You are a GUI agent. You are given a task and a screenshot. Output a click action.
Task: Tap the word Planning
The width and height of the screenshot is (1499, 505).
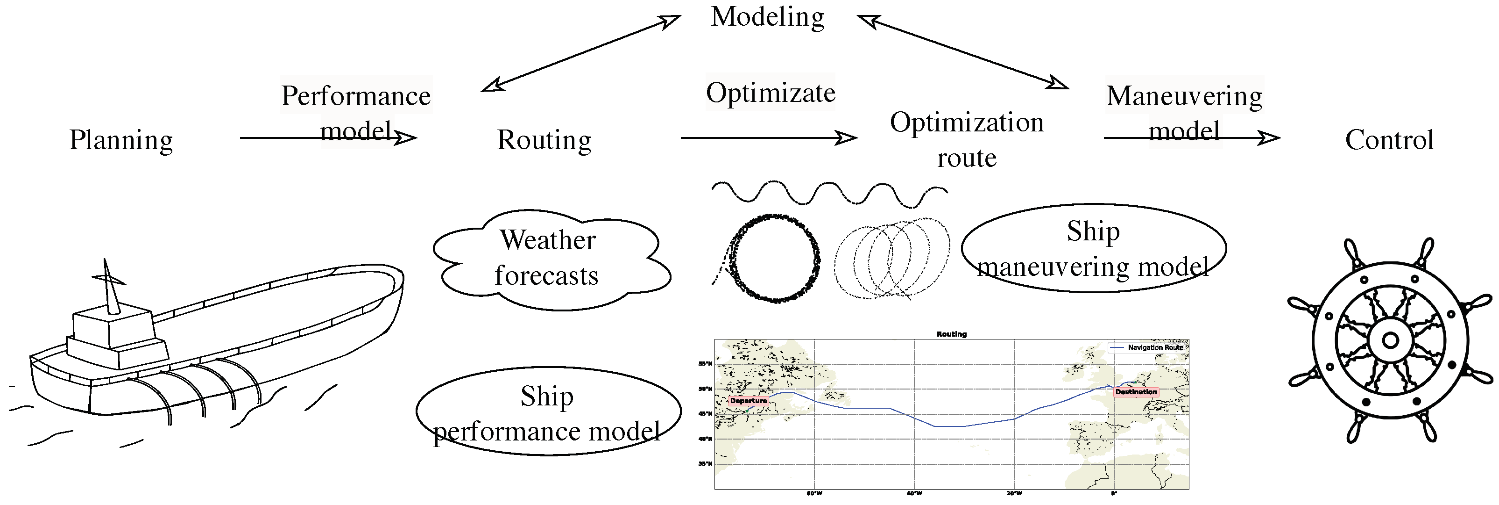tap(121, 140)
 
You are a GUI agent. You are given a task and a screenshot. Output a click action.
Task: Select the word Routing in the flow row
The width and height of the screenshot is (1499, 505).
tap(544, 140)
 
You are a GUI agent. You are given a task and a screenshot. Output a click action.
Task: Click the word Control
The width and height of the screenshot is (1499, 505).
tap(1389, 140)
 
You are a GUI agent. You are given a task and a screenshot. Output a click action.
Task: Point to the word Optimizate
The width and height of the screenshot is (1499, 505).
tap(771, 93)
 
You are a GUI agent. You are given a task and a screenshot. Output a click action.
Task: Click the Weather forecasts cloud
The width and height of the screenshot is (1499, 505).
tap(548, 258)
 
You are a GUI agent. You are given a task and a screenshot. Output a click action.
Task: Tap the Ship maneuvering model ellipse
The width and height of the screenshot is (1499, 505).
tap(1093, 248)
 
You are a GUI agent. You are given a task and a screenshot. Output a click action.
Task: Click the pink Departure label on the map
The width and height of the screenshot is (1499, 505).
tap(749, 401)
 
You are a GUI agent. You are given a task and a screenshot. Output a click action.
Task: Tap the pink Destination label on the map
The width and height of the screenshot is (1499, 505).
tap(1136, 392)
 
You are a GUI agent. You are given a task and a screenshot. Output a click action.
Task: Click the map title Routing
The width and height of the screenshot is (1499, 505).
tap(951, 334)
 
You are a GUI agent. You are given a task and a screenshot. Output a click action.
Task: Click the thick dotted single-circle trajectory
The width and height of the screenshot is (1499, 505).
tap(774, 258)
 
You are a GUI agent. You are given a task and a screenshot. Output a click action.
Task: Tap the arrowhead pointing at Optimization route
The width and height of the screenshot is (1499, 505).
tap(847, 138)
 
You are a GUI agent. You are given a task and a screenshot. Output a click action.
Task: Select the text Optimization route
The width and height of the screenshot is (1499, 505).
tap(967, 140)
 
